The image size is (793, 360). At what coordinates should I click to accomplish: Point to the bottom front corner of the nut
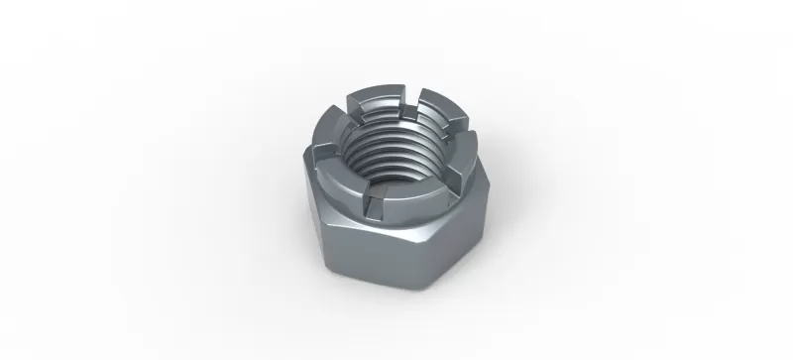click(403, 291)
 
